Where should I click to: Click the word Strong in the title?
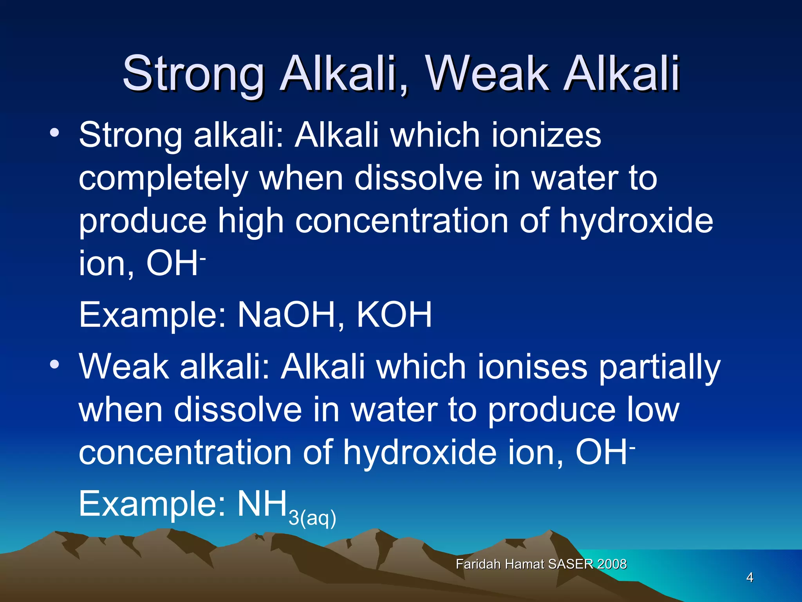coord(193,73)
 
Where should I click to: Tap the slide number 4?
coord(750,577)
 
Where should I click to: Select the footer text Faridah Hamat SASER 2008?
coord(541,564)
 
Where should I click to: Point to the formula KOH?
coord(394,315)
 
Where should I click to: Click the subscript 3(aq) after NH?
coord(312,518)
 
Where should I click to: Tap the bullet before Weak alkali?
coord(54,364)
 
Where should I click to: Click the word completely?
coord(163,179)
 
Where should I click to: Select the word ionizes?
coord(546,135)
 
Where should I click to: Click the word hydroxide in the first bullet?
coord(636,221)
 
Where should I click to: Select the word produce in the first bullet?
coord(143,222)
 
